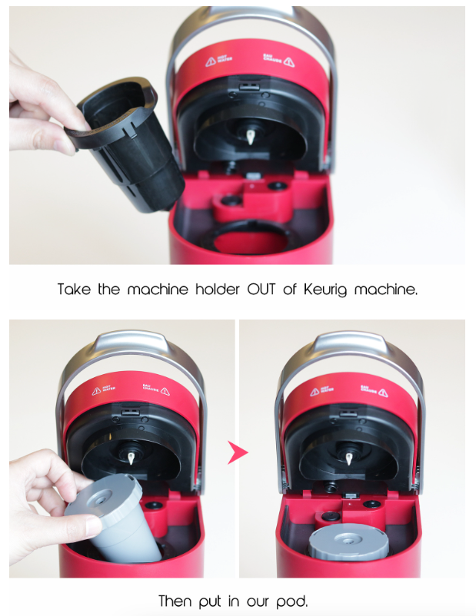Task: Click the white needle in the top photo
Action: coord(251,138)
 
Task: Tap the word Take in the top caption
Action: coord(74,290)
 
